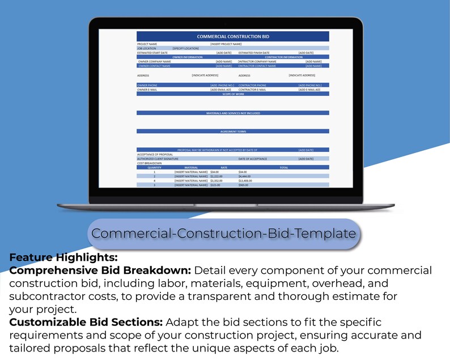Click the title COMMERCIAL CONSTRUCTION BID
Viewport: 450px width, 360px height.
tap(233, 36)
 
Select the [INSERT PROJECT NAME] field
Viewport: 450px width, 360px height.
tap(226, 44)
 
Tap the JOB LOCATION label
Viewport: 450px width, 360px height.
tap(146, 48)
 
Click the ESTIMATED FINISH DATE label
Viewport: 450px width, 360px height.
tap(254, 53)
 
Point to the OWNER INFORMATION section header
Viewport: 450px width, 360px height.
tap(187, 57)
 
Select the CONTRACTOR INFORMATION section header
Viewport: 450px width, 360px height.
tap(283, 57)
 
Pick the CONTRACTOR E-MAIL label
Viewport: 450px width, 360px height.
tap(253, 90)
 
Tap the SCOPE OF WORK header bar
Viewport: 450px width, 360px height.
tap(233, 94)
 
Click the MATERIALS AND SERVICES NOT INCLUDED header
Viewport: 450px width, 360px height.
tap(233, 113)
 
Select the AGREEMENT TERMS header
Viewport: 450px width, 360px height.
tap(233, 132)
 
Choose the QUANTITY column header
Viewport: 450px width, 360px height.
tap(154, 167)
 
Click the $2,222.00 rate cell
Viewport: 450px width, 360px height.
tap(216, 176)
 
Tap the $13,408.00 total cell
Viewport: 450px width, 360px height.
tap(245, 181)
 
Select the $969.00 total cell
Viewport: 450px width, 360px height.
tap(244, 185)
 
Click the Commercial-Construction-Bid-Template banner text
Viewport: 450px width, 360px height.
tap(224, 233)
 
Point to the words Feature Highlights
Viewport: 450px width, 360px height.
tap(56, 257)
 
